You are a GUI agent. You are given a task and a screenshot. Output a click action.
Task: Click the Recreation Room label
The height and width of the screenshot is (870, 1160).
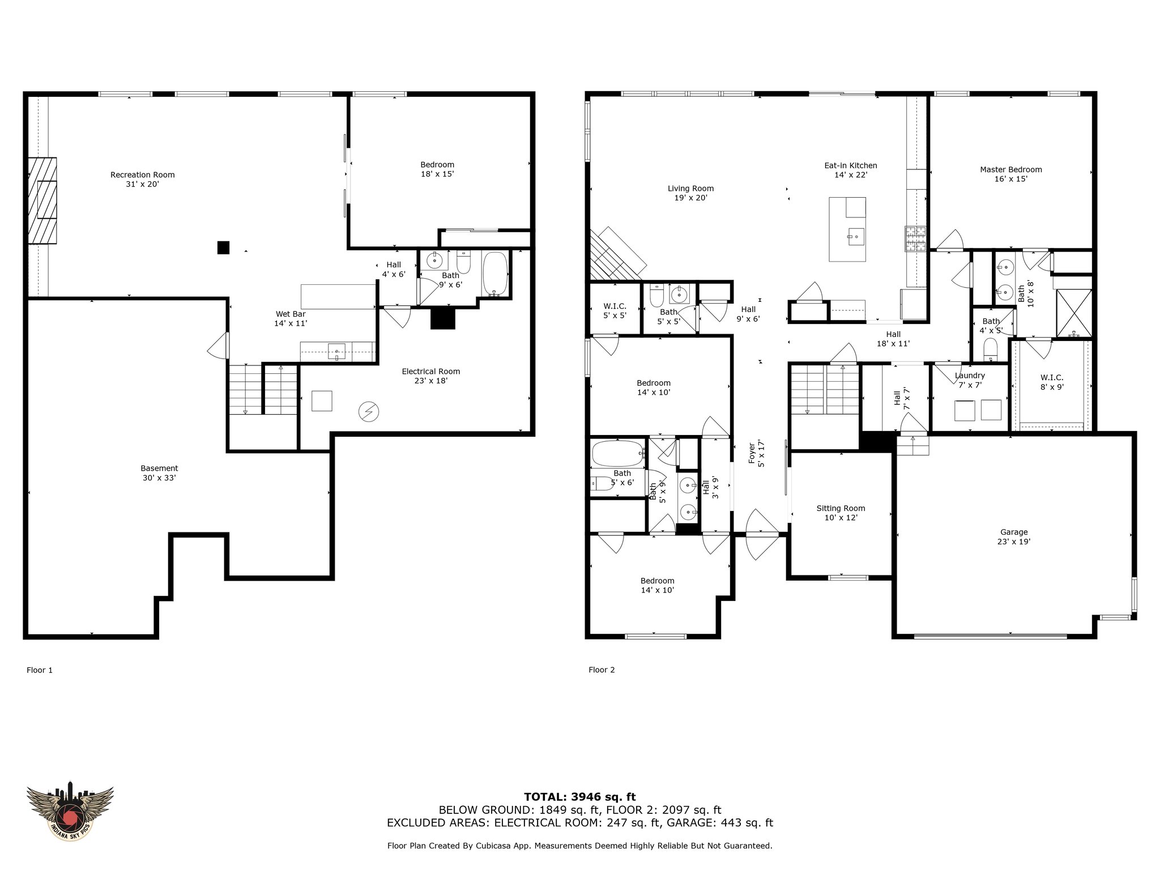pos(142,179)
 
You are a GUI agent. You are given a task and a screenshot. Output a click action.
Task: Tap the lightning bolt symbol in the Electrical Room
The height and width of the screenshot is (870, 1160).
pos(369,412)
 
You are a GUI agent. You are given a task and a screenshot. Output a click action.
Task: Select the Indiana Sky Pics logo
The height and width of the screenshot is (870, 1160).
pos(70,811)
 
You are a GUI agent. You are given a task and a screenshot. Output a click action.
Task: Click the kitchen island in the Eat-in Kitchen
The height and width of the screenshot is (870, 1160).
pos(847,229)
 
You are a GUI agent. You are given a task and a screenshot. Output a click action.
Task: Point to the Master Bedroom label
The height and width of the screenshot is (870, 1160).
pos(1011,174)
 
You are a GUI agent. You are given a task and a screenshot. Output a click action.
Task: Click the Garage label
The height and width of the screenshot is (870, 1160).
pos(1014,536)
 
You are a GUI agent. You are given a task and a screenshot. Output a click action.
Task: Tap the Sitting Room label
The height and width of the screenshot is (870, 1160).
pos(841,513)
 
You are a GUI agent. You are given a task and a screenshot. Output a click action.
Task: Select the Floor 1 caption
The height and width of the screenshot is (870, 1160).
pos(40,670)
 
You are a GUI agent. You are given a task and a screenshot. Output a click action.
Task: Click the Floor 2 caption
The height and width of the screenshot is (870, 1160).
pos(602,670)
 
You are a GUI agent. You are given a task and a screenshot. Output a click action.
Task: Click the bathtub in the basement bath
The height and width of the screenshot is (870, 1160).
pos(495,274)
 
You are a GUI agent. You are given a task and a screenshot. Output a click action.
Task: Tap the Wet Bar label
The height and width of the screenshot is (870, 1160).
pos(291,318)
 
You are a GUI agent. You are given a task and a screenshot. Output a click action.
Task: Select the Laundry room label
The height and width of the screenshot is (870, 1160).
pos(970,380)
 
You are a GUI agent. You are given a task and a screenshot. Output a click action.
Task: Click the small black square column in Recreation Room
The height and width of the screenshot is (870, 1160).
pos(224,248)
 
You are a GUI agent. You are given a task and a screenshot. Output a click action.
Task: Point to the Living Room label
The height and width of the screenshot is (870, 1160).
pos(690,193)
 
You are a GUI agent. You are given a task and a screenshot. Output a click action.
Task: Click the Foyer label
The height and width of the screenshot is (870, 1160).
pos(756,454)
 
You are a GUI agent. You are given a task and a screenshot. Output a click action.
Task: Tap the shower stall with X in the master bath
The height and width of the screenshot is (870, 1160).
pos(1074,313)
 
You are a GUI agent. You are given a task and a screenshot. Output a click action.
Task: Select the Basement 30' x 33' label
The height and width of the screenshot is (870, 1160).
pos(159,473)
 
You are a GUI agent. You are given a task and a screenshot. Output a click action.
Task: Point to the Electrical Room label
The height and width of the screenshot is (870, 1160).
pos(431,376)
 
